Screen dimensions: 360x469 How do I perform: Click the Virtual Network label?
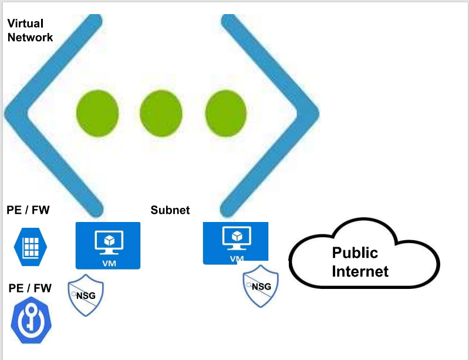(x=30, y=31)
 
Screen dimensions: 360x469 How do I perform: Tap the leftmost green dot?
(x=97, y=112)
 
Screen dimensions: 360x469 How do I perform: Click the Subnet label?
(x=170, y=210)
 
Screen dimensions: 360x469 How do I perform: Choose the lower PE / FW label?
(x=30, y=288)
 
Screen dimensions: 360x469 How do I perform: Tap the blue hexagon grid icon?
(x=31, y=247)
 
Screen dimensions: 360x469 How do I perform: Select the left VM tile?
(x=108, y=245)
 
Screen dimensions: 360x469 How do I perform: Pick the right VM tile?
(x=235, y=243)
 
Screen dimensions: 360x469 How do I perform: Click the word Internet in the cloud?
(x=360, y=271)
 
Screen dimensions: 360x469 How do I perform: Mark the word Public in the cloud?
(x=355, y=253)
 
